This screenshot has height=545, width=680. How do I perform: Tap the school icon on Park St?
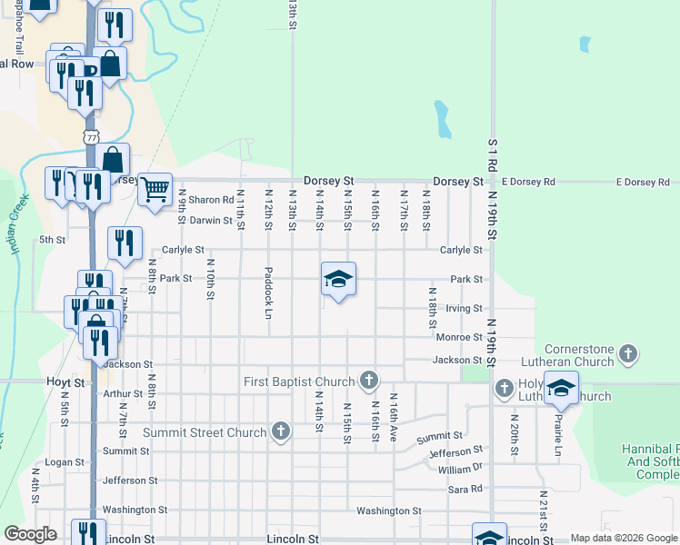point(337,279)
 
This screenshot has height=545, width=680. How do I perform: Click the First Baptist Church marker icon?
point(368,379)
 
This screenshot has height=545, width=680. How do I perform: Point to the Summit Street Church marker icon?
point(281,431)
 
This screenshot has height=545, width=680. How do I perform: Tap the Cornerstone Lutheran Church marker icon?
point(627,352)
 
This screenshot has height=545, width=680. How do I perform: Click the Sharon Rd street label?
point(211,200)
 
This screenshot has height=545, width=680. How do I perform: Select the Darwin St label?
point(211,220)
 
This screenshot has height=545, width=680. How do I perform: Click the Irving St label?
point(464,309)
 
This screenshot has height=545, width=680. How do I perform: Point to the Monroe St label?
point(459,337)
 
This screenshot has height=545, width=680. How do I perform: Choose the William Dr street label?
point(460,469)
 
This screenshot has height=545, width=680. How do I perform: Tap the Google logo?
point(31,534)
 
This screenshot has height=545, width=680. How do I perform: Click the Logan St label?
point(65,462)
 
